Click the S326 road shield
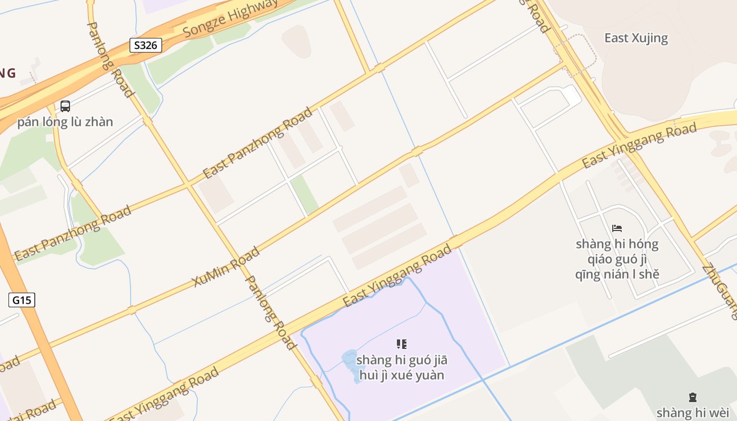click(145, 45)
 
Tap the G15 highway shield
click(22, 300)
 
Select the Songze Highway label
click(230, 18)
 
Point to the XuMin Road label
click(226, 267)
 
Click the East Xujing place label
click(636, 38)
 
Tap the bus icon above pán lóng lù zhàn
click(65, 106)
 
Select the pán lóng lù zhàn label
click(65, 122)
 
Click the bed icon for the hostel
click(617, 228)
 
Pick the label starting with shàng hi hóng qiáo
click(617, 259)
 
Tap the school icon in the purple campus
click(402, 344)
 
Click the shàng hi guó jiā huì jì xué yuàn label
click(402, 367)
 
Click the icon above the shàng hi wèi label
click(693, 398)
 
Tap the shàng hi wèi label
click(693, 412)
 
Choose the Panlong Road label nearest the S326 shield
click(110, 59)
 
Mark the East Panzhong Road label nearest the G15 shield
click(73, 233)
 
